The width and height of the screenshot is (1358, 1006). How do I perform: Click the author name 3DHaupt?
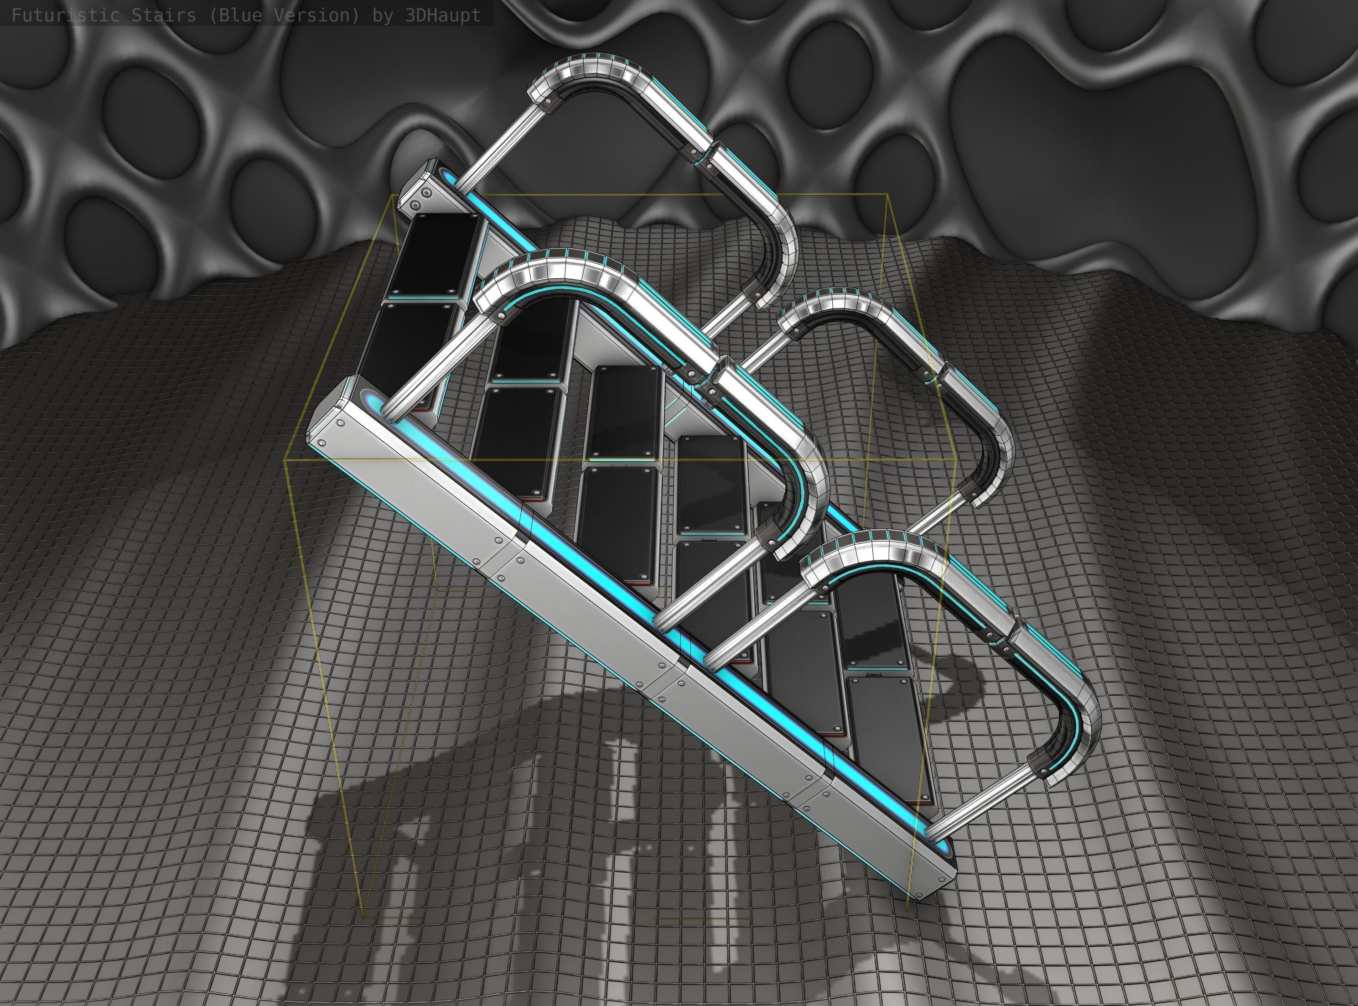pos(442,15)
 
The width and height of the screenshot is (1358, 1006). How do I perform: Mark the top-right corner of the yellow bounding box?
pos(889,194)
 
